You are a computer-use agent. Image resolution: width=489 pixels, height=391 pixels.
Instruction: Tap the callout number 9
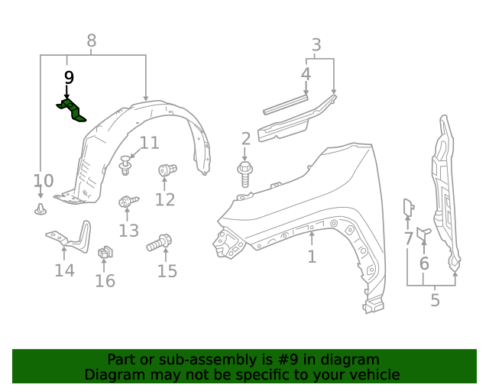point(69,77)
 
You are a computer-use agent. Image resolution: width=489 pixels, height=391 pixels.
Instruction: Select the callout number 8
point(92,41)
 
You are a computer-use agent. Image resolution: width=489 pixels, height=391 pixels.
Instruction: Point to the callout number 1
point(312,257)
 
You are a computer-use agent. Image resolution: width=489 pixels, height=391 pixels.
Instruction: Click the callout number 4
point(306,74)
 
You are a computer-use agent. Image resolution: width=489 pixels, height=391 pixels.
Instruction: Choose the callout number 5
point(435,300)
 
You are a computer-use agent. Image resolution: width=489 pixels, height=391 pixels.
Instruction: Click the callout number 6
point(424,263)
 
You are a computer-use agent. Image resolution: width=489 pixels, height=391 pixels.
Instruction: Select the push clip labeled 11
point(126,163)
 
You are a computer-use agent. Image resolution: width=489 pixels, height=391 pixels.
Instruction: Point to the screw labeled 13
point(127,202)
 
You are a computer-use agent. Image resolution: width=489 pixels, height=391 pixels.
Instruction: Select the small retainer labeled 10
point(40,208)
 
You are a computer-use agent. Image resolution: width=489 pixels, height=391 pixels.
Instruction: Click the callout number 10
point(44,181)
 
